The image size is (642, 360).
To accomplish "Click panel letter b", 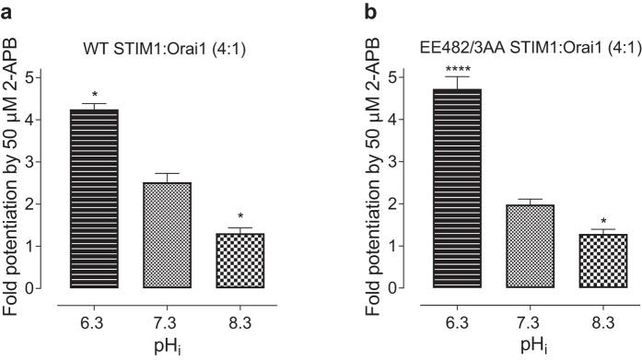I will [345, 10].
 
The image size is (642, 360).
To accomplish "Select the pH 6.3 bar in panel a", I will [94, 198].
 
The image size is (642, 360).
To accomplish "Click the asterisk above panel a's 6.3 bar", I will [94, 95].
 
